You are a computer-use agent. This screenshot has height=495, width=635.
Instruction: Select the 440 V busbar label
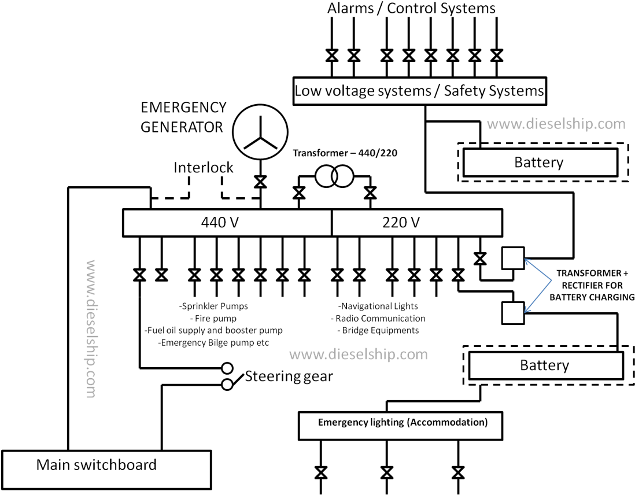pos(220,223)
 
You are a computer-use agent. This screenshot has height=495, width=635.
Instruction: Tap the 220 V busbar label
pos(401,223)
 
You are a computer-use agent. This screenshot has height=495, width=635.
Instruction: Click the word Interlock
pos(204,167)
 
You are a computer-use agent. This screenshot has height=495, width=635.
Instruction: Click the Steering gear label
pos(289,376)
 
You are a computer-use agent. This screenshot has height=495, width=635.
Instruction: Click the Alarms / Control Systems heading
pos(411,9)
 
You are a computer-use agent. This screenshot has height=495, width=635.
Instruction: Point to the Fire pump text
pos(213,319)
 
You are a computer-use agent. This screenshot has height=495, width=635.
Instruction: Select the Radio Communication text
pos(378,319)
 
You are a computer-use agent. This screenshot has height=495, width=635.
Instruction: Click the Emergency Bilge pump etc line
pos(213,343)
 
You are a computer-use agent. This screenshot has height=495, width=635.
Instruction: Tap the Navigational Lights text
pos(378,306)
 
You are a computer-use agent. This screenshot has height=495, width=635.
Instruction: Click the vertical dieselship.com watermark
pos(91,329)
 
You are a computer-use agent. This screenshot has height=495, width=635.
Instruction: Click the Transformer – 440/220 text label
pos(345,153)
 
